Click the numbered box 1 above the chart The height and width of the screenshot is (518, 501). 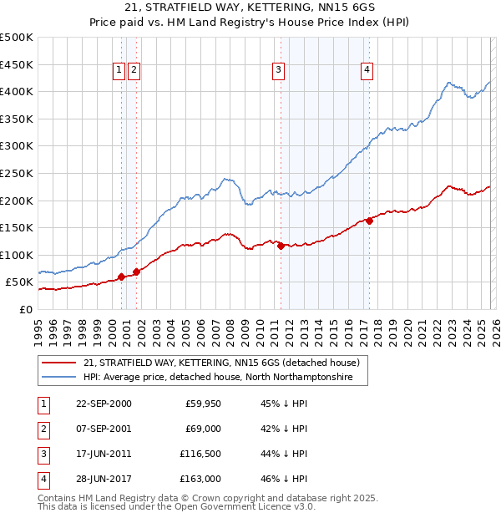click(x=119, y=71)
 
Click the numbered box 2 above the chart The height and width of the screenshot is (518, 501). click(x=134, y=71)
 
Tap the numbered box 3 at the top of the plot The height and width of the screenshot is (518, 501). click(x=278, y=71)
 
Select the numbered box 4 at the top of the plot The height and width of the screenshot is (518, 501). click(x=367, y=71)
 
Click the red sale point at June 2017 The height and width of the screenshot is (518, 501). click(x=369, y=221)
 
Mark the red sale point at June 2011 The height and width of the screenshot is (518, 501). click(x=281, y=246)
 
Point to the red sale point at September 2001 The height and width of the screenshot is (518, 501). click(x=136, y=272)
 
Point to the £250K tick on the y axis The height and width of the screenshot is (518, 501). click(x=17, y=173)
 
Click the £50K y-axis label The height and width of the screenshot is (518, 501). click(x=19, y=282)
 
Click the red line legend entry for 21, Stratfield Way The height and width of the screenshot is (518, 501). click(x=221, y=363)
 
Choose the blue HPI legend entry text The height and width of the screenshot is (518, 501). click(x=218, y=378)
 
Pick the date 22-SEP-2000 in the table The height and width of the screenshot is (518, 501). click(x=103, y=403)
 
